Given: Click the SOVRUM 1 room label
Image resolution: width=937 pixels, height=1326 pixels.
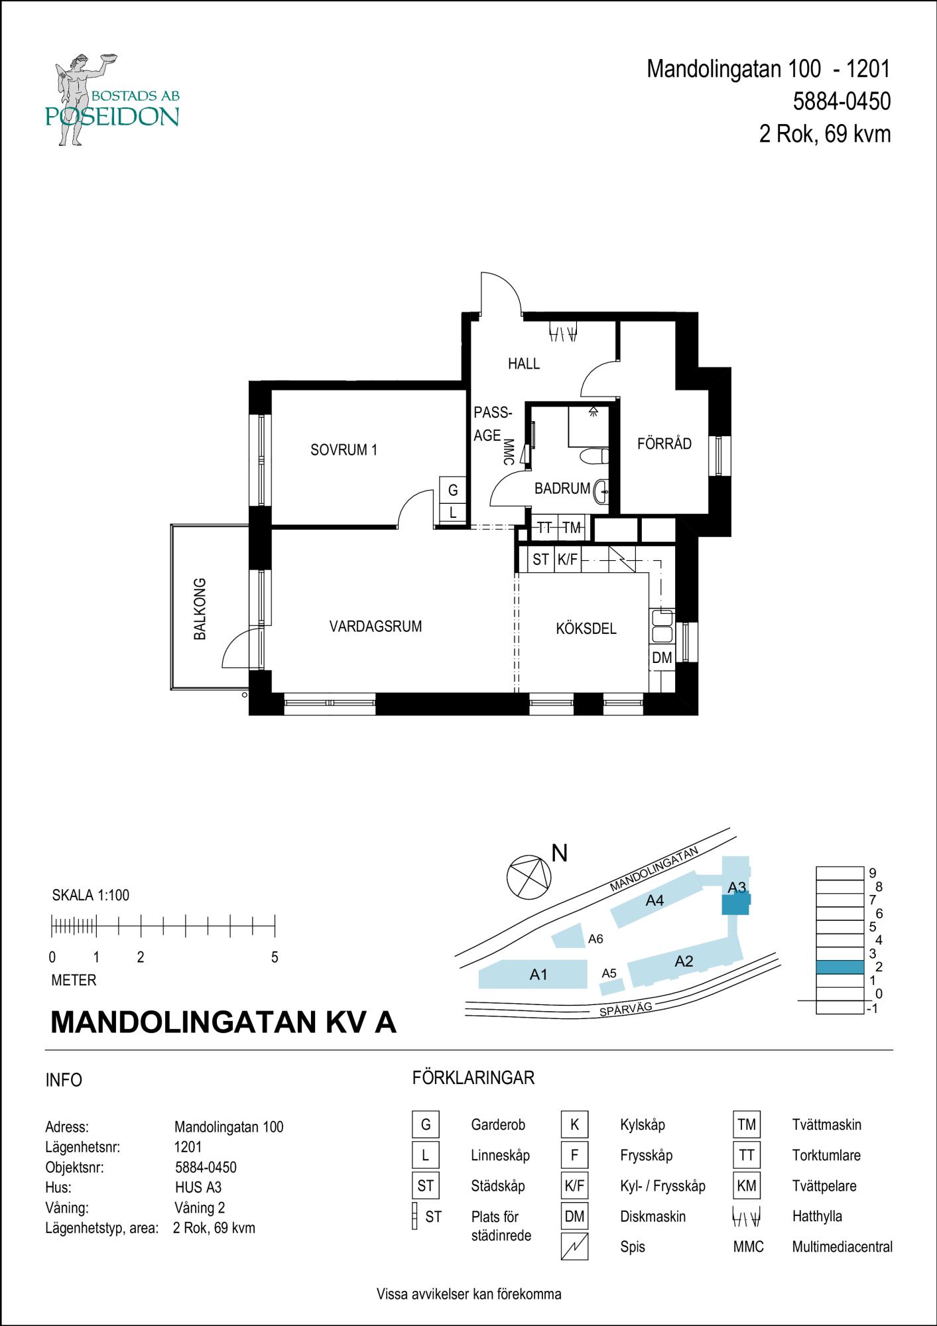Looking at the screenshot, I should (344, 450).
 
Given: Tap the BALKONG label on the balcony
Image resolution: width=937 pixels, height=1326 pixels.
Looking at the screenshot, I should (200, 609).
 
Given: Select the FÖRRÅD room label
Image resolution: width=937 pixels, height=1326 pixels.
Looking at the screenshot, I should (664, 444).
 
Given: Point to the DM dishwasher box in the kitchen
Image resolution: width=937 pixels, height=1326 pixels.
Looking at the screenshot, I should (662, 658).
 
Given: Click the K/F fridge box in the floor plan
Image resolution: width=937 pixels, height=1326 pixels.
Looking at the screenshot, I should (568, 560).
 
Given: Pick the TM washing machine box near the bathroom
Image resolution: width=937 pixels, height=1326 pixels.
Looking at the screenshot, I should (572, 528).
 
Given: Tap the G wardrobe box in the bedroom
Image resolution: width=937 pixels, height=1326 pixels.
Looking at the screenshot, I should (453, 491).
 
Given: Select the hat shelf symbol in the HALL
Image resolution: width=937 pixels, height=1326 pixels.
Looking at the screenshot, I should (562, 333).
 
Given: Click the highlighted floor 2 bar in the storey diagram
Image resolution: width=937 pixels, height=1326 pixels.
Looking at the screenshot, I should (840, 967).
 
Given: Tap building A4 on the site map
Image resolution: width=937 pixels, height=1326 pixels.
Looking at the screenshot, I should (655, 900).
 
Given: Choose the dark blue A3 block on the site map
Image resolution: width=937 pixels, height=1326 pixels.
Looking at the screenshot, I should (735, 904).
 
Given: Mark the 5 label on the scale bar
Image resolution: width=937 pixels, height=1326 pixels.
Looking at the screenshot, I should (275, 957).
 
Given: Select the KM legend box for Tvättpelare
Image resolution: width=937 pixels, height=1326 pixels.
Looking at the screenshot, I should (746, 1185).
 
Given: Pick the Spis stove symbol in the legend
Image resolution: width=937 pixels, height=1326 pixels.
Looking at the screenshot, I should (574, 1246).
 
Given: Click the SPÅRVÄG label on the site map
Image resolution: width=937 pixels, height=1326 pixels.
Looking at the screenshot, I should (625, 1009).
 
